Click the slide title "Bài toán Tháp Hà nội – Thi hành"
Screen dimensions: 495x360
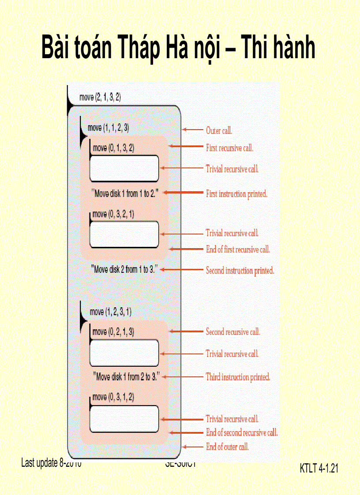point(178,48)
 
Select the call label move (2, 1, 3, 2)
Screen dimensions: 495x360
point(100,97)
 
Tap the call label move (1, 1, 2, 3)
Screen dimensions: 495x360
point(109,128)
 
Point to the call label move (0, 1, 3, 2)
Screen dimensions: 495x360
point(114,148)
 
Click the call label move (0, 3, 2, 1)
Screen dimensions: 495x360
point(114,214)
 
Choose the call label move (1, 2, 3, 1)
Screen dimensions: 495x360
point(110,312)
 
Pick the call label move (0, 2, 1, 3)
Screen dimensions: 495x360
point(113,332)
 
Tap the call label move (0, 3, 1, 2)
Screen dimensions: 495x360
point(113,397)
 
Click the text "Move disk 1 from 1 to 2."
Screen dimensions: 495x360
point(125,193)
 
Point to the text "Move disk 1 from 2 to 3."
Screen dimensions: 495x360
point(126,377)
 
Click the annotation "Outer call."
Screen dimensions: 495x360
point(219,130)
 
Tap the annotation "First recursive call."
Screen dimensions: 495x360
point(229,148)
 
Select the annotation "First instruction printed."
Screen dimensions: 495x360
point(236,194)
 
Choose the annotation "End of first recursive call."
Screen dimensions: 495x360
point(238,249)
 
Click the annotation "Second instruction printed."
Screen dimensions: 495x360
point(240,271)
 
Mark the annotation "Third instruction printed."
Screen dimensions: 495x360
point(238,377)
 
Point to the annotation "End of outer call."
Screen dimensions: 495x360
point(228,447)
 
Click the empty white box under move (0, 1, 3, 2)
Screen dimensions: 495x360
point(124,168)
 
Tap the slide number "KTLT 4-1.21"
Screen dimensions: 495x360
point(319,469)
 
